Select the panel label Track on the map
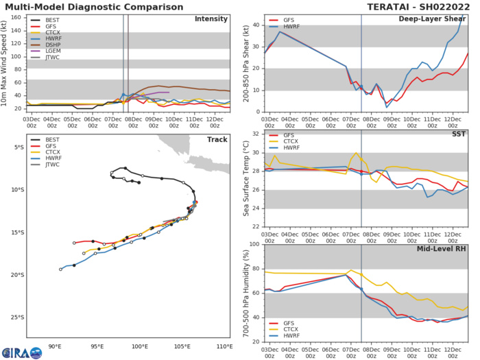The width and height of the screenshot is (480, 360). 217,147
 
